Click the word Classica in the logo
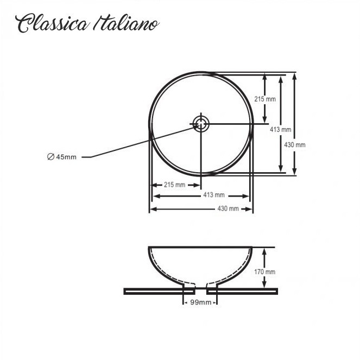(52, 23)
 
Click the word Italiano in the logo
(127, 23)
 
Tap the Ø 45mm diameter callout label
(62, 157)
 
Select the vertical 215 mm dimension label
(265, 99)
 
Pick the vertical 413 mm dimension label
(281, 129)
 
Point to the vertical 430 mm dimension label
(295, 145)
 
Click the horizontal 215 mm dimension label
(174, 185)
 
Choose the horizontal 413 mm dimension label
(214, 195)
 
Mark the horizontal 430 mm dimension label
(228, 209)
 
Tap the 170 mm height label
(265, 272)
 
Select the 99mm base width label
(201, 302)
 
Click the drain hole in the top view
(201, 124)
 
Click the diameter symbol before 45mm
(50, 157)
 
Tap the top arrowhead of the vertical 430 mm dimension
(295, 76)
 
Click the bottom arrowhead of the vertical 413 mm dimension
(281, 168)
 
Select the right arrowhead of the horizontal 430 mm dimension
(249, 209)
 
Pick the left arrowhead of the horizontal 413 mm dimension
(157, 196)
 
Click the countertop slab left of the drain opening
(159, 292)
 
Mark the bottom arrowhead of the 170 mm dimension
(264, 283)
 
